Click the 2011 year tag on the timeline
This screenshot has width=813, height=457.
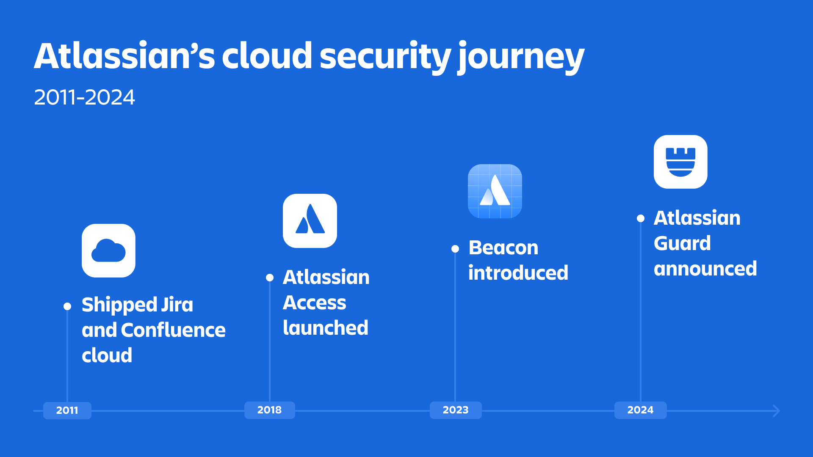[x=67, y=410]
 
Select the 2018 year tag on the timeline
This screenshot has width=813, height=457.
[x=270, y=410]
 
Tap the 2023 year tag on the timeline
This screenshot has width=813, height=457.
[x=456, y=410]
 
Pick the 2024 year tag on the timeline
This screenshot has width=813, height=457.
[x=640, y=410]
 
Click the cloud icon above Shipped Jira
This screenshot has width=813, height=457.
[x=108, y=251]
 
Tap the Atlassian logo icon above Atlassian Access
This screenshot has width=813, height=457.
[x=310, y=221]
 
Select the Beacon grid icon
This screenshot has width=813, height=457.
[x=495, y=191]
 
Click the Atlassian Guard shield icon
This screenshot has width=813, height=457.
[x=680, y=162]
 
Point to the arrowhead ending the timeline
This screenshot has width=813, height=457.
[x=777, y=411]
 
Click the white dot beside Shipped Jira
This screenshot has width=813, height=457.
[x=67, y=306]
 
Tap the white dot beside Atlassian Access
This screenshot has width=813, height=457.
[x=270, y=278]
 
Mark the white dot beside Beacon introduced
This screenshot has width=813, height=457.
[x=455, y=249]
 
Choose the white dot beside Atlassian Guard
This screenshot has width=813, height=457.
[x=641, y=218]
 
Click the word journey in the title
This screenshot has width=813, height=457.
[x=521, y=57]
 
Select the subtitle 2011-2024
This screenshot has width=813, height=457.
[x=84, y=97]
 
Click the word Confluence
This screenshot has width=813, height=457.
[x=173, y=330]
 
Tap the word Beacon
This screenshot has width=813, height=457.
[x=503, y=248]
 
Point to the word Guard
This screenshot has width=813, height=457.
[x=682, y=243]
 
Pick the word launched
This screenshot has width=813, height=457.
[x=326, y=328]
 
